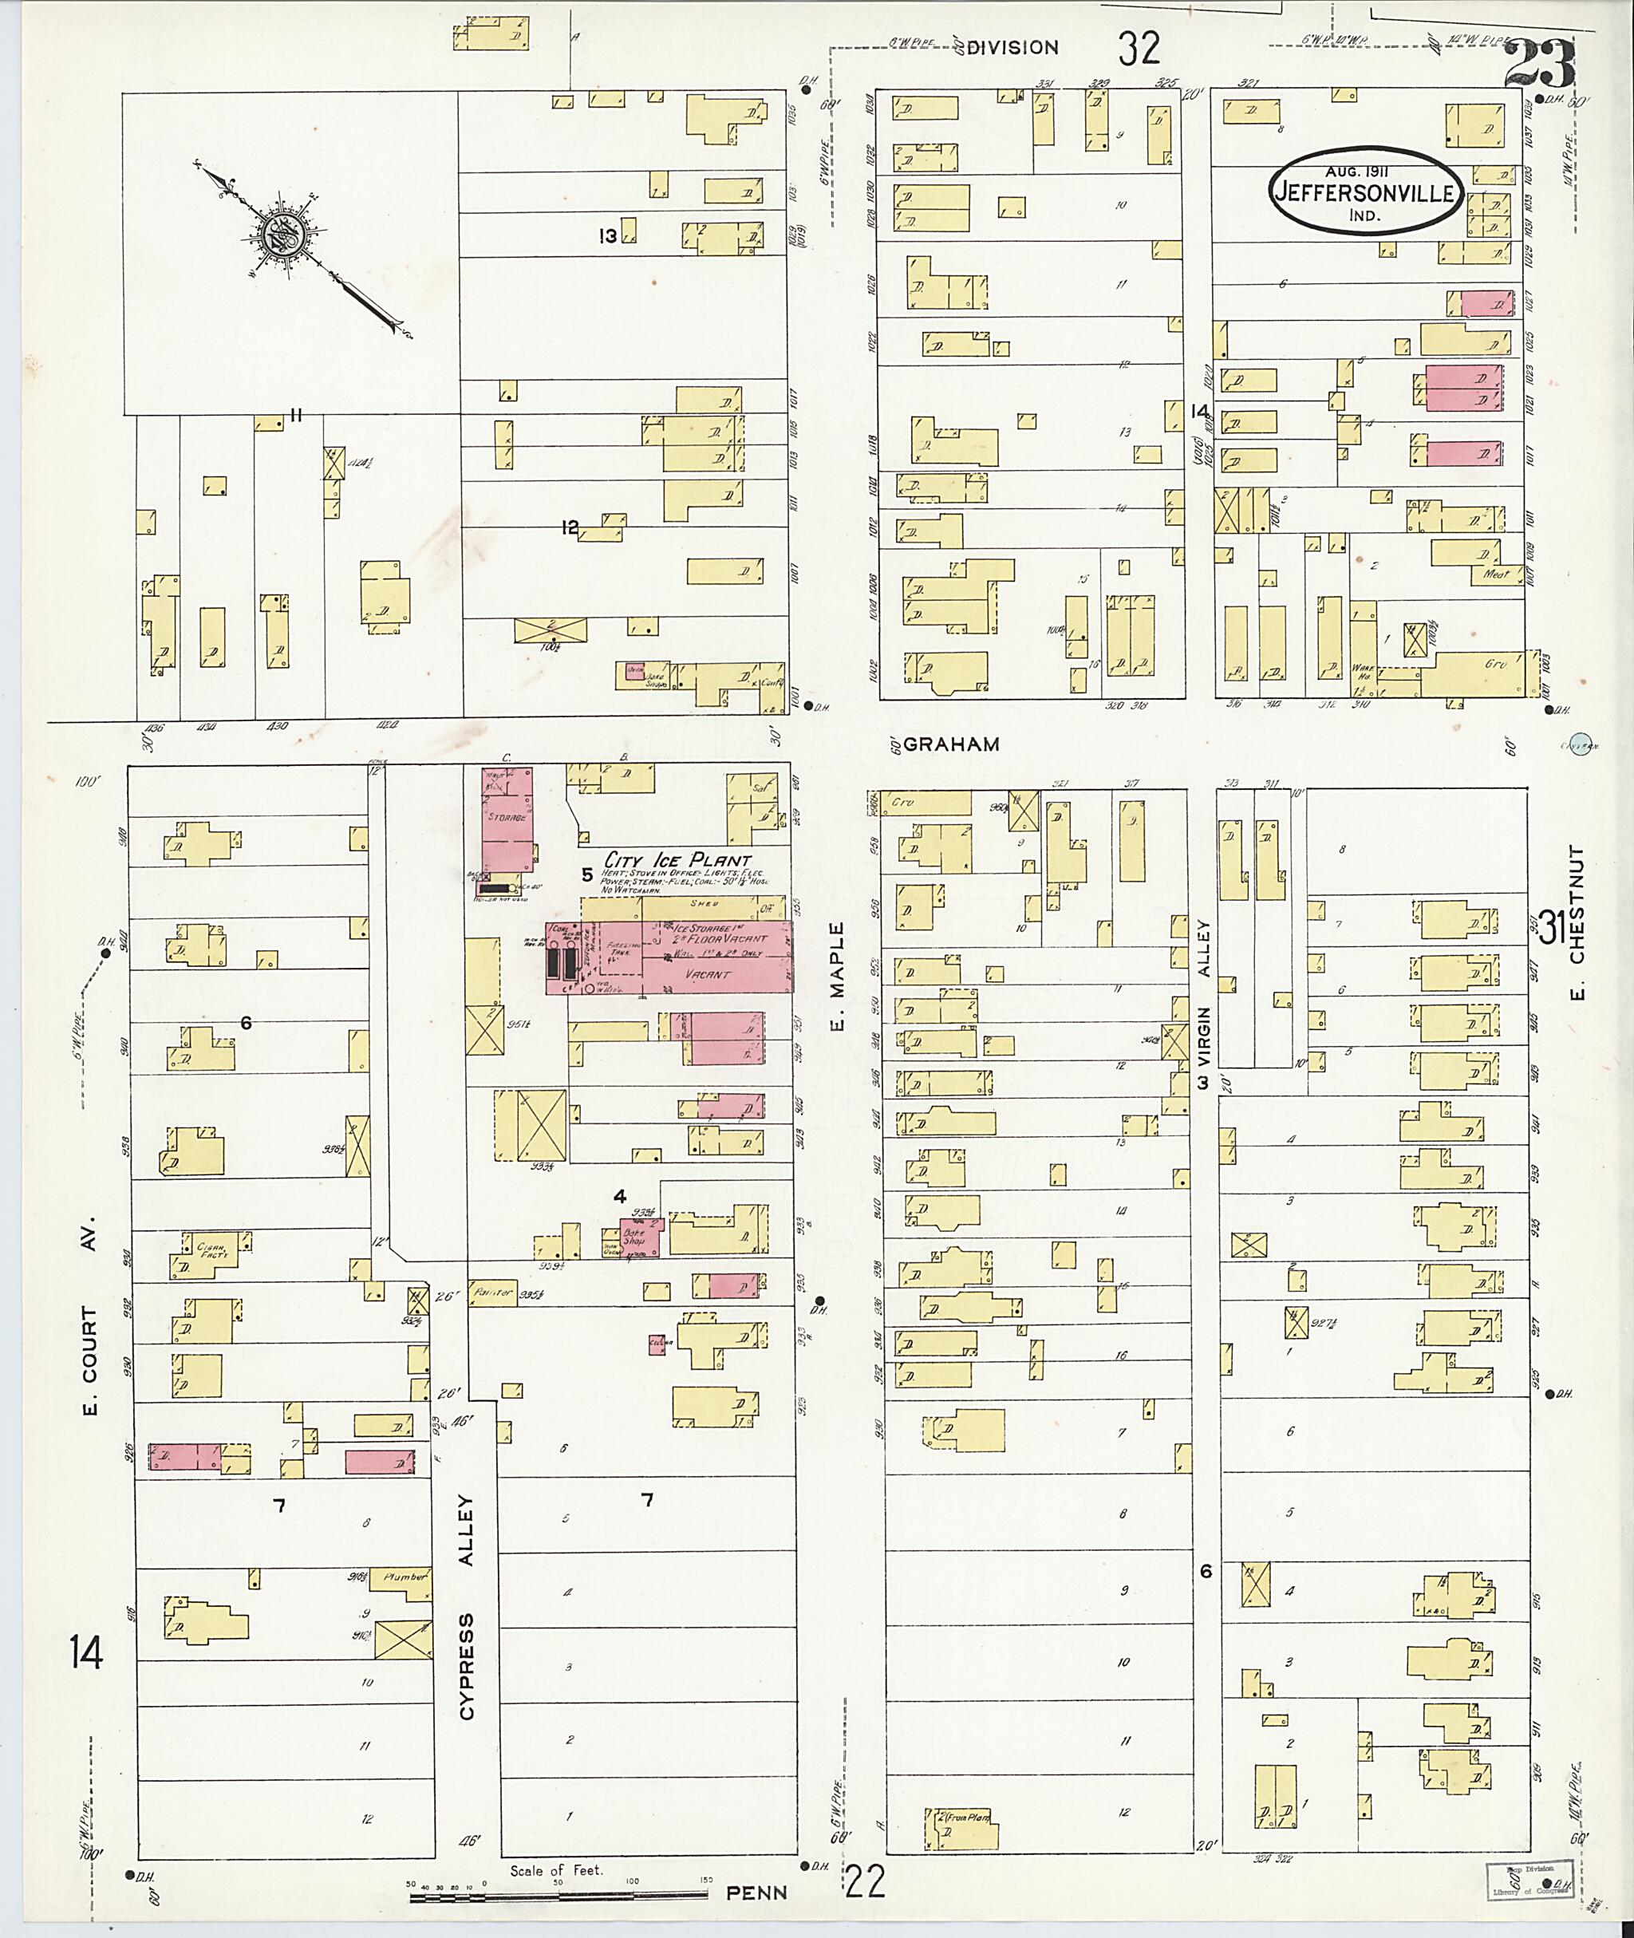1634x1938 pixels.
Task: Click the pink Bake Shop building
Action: tap(641, 1237)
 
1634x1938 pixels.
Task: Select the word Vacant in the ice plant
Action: tap(708, 973)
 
